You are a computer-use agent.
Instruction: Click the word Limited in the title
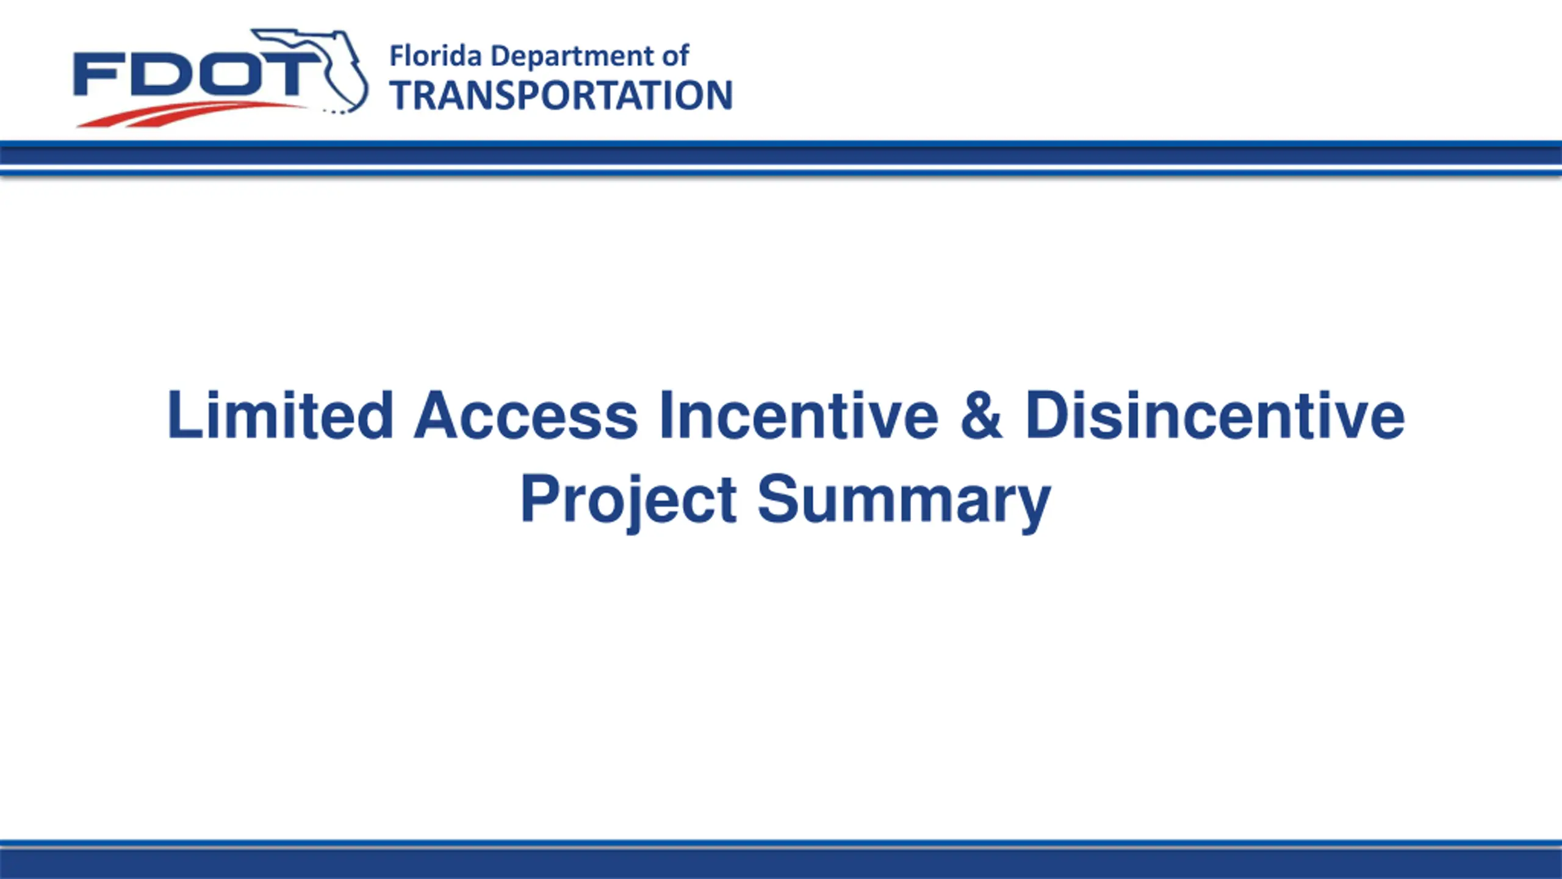pos(280,414)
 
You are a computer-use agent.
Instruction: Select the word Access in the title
pos(525,415)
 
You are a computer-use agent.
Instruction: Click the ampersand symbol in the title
pos(981,415)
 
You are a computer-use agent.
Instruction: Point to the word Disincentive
pos(1215,415)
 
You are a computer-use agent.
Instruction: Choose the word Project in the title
pos(628,499)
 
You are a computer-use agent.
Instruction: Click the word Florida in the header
pos(436,56)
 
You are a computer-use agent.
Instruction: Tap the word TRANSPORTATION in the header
pos(561,95)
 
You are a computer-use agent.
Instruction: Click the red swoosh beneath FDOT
pos(189,114)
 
